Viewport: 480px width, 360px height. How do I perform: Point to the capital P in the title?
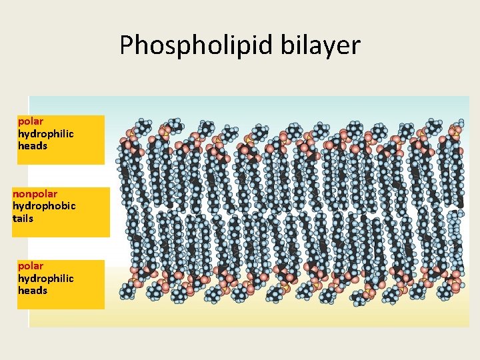coord(127,45)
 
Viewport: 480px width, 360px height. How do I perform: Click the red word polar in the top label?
coord(31,121)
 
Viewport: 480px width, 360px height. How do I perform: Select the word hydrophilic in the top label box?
coord(45,133)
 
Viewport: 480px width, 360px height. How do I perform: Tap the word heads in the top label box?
coord(33,145)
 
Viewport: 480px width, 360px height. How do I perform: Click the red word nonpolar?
coord(35,194)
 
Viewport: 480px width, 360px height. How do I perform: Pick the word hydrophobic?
coord(44,206)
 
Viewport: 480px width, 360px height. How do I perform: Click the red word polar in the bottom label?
coord(31,266)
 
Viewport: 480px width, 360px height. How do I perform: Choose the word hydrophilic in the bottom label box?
coord(45,278)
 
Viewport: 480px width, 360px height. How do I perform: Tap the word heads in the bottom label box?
coord(33,290)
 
